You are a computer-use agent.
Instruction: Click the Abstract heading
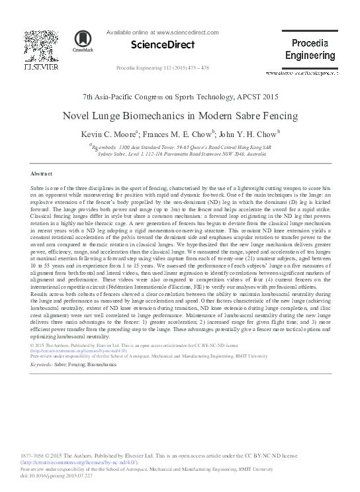[42, 173]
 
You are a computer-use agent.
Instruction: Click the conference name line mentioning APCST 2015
[180, 97]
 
